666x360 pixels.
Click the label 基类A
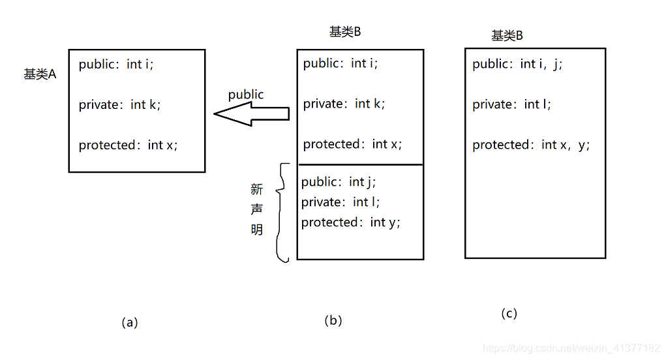click(x=40, y=74)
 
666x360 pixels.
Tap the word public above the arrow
click(x=246, y=95)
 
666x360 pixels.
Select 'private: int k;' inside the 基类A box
click(x=119, y=104)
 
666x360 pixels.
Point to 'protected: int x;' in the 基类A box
click(x=128, y=145)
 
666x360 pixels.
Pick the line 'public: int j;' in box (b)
click(x=339, y=181)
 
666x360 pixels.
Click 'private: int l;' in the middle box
click(x=340, y=202)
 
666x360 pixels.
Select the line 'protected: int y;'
click(x=350, y=222)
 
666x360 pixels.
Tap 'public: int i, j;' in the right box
click(x=517, y=64)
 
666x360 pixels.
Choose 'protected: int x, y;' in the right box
click(x=531, y=145)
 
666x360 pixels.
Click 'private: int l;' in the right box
click(x=511, y=104)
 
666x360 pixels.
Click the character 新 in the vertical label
click(x=257, y=189)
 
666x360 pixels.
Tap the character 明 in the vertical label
click(x=257, y=230)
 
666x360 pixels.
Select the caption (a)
click(x=130, y=322)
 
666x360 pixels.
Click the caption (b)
click(x=333, y=320)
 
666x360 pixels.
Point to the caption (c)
click(x=509, y=314)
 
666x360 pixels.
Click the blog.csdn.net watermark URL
click(x=571, y=349)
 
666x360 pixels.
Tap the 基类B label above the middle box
click(x=345, y=32)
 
